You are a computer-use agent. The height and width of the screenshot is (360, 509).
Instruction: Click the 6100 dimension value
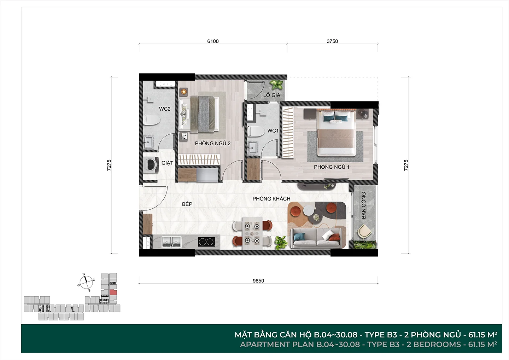click(x=213, y=41)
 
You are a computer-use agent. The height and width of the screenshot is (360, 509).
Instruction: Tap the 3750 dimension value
click(x=332, y=41)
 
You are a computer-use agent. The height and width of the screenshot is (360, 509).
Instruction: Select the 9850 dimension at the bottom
click(x=258, y=281)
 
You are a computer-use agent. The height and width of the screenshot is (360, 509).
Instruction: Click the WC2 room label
click(x=165, y=109)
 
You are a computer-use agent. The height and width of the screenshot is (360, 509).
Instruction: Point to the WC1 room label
click(x=273, y=131)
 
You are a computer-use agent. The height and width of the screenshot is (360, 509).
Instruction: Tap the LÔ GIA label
click(x=272, y=95)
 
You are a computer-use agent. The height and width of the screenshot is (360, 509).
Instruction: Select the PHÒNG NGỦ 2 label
click(x=213, y=143)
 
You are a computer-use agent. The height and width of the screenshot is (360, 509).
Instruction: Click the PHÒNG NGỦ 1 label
click(x=332, y=167)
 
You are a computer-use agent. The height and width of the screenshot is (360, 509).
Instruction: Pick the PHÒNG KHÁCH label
click(x=271, y=199)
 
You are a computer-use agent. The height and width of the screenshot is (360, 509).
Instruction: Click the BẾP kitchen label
click(x=187, y=204)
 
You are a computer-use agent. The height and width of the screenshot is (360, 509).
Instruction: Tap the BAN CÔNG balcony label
click(x=364, y=205)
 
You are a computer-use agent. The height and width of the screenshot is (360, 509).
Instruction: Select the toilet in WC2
click(x=152, y=120)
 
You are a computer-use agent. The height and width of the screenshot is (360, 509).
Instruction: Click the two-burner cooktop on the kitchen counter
click(x=206, y=242)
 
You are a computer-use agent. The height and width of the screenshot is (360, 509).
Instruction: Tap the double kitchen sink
click(x=172, y=242)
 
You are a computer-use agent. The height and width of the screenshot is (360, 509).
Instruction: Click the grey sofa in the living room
click(x=317, y=238)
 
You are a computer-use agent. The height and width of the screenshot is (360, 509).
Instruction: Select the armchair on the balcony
click(x=364, y=232)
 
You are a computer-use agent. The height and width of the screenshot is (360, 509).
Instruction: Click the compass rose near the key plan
click(x=86, y=282)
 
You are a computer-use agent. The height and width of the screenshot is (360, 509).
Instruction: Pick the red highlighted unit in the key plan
click(x=113, y=292)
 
